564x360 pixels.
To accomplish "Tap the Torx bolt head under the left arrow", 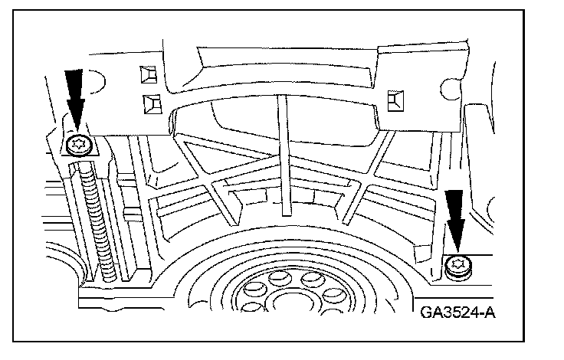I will [x=77, y=146].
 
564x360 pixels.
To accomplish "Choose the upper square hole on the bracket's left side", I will [x=146, y=74].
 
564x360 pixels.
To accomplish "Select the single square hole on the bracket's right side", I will [x=396, y=97].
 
